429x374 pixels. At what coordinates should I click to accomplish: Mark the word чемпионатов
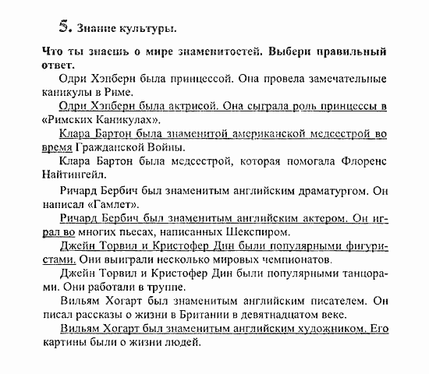pyautogui.click(x=297, y=259)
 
